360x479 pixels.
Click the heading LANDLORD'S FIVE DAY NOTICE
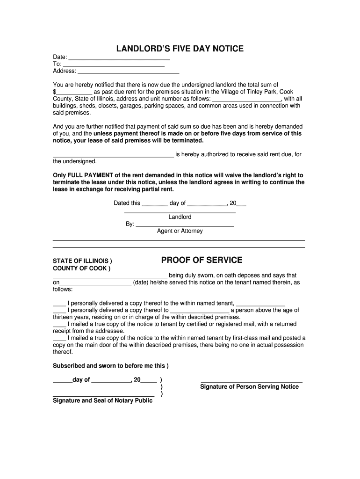pyautogui.click(x=180, y=49)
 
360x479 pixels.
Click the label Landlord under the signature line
pyautogui.click(x=180, y=217)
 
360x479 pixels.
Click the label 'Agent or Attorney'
pyautogui.click(x=180, y=231)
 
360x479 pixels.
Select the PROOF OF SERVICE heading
pyautogui.click(x=202, y=260)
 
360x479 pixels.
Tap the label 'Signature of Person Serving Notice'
pyautogui.click(x=249, y=387)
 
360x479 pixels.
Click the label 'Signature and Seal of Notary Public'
pyautogui.click(x=102, y=401)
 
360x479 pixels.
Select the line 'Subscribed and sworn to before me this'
pyautogui.click(x=109, y=366)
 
